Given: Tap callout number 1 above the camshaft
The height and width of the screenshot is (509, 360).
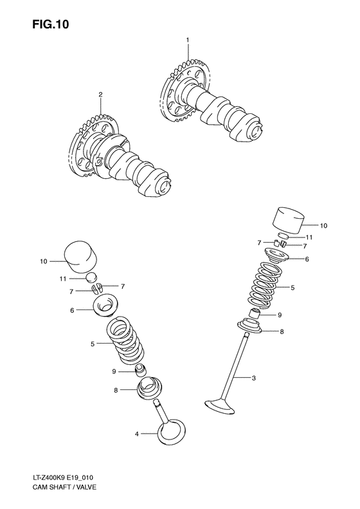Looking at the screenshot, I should [x=188, y=41].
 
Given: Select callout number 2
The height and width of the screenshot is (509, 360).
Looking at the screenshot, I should [x=100, y=95].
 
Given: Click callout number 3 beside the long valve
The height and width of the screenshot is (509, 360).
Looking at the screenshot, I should [x=253, y=378].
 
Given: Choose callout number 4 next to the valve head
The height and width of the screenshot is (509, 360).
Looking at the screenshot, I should [x=136, y=434].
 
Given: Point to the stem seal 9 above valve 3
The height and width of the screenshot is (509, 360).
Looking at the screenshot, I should [x=255, y=315].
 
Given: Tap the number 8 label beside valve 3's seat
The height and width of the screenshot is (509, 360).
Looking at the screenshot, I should [x=282, y=331].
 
